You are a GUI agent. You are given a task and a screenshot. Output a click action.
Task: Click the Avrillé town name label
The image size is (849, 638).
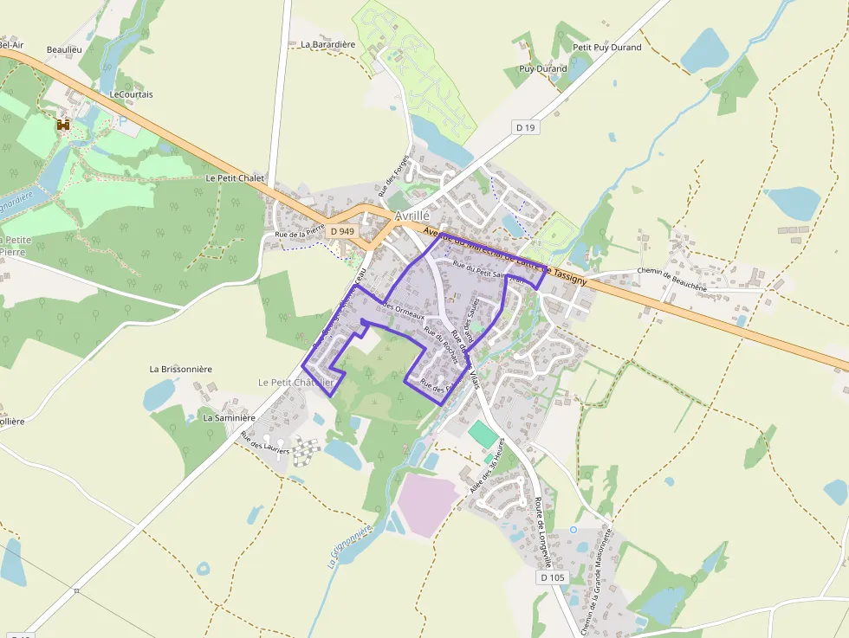[x=412, y=216]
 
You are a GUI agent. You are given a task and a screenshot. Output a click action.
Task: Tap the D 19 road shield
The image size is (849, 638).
[x=526, y=127]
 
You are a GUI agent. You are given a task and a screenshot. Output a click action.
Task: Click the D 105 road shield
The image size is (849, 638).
[x=552, y=577]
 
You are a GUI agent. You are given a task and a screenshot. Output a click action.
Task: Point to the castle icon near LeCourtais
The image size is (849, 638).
[x=62, y=125]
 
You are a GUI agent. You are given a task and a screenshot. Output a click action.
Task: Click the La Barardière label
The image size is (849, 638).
[x=327, y=44]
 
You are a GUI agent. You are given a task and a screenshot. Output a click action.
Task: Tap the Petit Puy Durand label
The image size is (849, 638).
[x=607, y=48]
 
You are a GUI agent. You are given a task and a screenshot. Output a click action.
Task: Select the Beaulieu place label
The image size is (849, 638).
[x=64, y=50]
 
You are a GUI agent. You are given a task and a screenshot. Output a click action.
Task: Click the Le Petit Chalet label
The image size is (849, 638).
[x=235, y=177]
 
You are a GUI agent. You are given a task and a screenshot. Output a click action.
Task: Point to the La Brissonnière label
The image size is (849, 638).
[x=180, y=369]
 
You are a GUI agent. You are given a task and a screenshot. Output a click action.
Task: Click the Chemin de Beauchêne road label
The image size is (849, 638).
[x=671, y=278]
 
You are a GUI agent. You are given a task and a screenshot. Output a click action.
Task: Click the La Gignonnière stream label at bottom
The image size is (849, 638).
[x=350, y=545]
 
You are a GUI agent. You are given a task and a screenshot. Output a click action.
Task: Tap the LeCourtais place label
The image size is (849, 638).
[x=132, y=94]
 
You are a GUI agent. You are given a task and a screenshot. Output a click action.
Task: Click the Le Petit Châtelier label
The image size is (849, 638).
[x=295, y=383]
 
